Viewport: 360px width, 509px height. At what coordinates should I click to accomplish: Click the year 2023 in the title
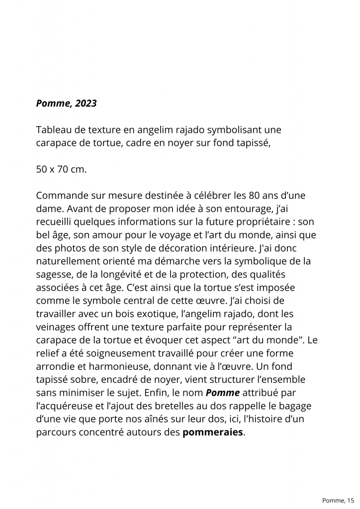tap(86, 104)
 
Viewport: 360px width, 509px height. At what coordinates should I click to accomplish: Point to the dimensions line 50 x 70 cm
tap(61, 169)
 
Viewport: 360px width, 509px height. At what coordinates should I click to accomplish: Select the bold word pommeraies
tap(213, 432)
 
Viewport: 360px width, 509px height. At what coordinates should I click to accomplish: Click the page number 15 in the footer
tap(351, 500)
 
